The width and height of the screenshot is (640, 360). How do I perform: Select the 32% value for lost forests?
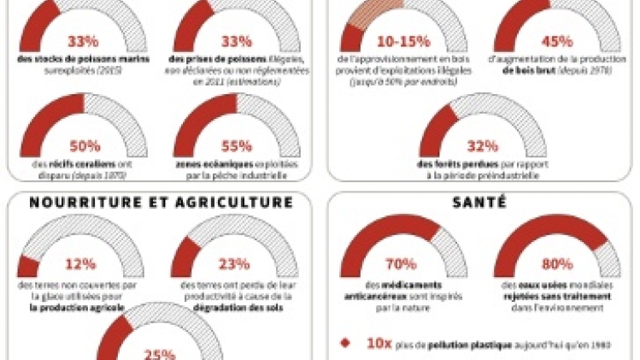[x=481, y=145]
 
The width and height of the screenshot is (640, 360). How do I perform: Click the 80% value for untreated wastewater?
[x=558, y=264]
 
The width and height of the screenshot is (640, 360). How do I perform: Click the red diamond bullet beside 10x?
[x=343, y=342]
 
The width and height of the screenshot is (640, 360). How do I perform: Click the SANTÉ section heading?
[x=481, y=203]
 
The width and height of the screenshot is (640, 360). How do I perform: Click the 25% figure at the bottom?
[x=156, y=352]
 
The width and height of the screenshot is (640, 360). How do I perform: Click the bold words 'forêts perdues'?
[x=451, y=165]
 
